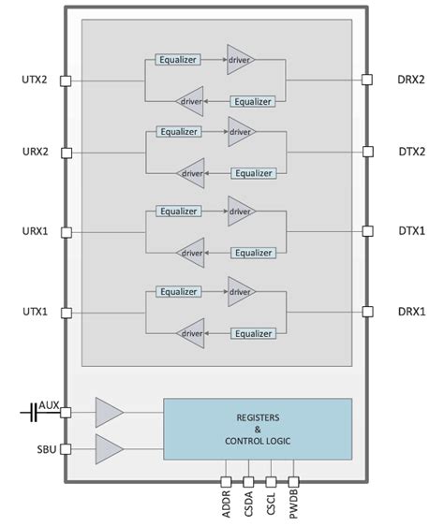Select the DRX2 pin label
[x=410, y=80]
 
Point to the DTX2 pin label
[x=410, y=152]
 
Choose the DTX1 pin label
[x=410, y=231]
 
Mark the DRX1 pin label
[x=410, y=311]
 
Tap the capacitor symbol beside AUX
[x=33, y=411]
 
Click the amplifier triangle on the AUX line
[x=108, y=411]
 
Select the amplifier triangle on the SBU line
[x=108, y=449]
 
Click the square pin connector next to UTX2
[x=65, y=80]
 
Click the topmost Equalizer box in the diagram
[x=178, y=60]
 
